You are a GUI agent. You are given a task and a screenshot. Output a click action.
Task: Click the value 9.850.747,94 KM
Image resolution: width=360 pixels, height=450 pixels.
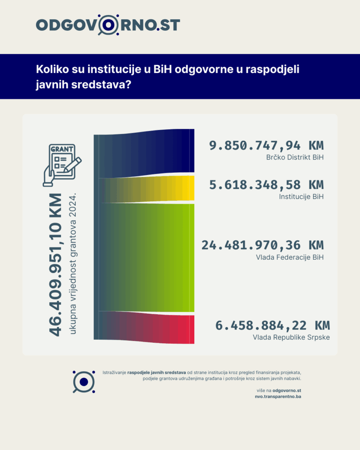click(266, 146)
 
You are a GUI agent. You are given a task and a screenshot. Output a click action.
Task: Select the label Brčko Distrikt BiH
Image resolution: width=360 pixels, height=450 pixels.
click(295, 157)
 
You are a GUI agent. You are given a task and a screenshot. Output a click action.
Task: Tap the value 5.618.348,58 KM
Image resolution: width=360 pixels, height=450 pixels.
click(266, 185)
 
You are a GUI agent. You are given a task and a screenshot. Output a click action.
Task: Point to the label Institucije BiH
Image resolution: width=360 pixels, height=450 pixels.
click(301, 196)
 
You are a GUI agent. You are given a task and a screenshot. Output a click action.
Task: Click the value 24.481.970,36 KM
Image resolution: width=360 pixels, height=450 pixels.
click(262, 245)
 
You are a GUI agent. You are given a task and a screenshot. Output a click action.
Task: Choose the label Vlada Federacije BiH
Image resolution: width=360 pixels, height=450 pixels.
click(289, 257)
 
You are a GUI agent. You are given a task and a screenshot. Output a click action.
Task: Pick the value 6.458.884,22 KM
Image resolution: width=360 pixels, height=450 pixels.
click(272, 326)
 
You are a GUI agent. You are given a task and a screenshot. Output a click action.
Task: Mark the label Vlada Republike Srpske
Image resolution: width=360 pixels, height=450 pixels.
click(291, 337)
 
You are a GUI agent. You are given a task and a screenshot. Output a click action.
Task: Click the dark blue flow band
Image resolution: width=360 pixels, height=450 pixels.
click(145, 153)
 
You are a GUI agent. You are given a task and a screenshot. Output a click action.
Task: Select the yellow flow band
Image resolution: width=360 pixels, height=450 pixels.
click(149, 189)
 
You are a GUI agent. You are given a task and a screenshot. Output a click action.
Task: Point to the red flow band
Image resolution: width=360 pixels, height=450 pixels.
click(149, 327)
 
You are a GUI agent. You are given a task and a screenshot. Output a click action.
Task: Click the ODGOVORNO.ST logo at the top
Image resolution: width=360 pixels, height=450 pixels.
click(108, 25)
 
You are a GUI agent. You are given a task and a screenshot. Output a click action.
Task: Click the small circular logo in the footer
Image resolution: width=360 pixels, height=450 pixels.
click(84, 381)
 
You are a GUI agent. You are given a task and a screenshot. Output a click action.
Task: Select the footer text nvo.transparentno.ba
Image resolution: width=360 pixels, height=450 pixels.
click(278, 396)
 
